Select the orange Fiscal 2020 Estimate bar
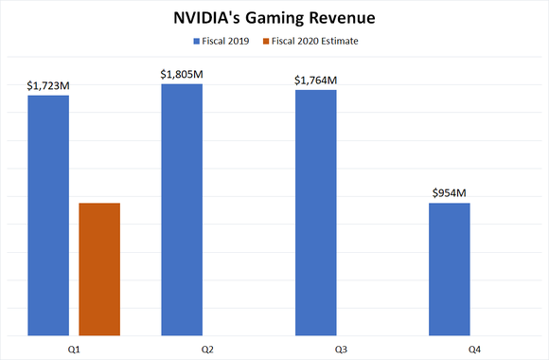point(99,269)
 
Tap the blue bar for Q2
point(182,209)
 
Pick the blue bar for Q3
point(315,212)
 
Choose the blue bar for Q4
point(450,269)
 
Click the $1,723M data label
point(48,86)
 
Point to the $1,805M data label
point(182,74)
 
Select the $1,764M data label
point(315,80)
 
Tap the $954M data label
point(450,193)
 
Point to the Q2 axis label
point(207,349)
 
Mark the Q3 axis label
point(341,349)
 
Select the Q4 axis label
point(475,349)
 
